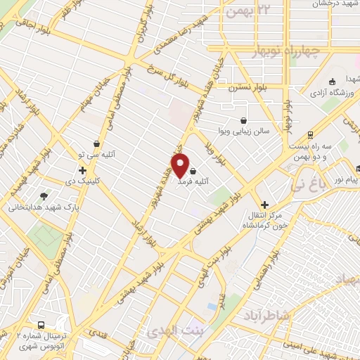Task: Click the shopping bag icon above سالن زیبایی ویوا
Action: [x=243, y=120]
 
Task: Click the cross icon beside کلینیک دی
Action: [x=83, y=170]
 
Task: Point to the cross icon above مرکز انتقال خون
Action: [x=264, y=205]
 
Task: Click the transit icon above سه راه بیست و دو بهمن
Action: [x=309, y=136]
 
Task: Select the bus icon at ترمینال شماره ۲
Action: [x=41, y=326]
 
